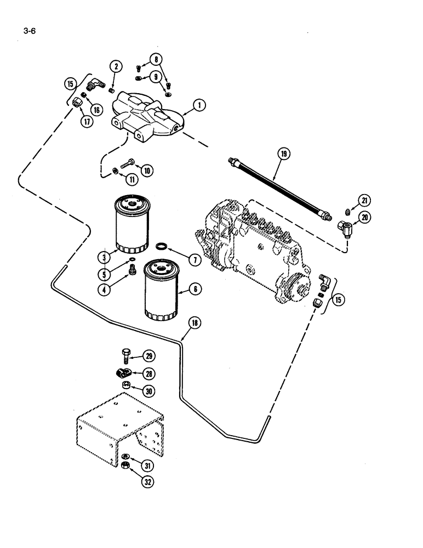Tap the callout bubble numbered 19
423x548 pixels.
tap(283, 155)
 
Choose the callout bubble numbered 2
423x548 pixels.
tap(116, 67)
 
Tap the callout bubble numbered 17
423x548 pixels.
tap(87, 122)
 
